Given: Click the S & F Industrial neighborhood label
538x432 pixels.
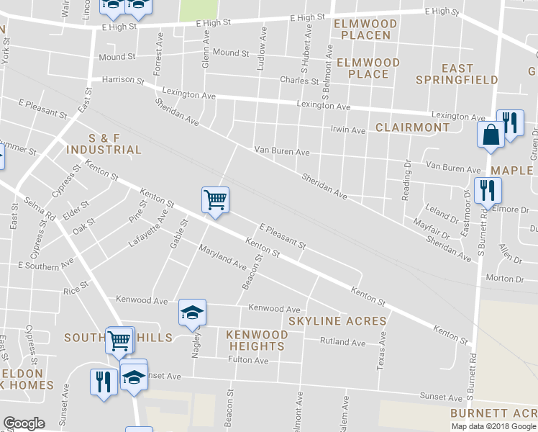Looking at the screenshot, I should [104, 143].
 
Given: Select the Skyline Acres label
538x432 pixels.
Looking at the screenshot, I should [337, 321].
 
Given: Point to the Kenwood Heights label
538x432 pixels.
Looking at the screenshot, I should [255, 341].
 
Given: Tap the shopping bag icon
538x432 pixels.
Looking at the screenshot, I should [491, 135].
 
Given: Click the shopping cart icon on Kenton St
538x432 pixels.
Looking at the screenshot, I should [215, 200].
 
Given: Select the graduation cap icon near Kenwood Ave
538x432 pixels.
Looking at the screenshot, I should [192, 312].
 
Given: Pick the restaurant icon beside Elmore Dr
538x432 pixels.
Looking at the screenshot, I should [488, 191].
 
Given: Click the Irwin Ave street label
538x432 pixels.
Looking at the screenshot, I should [348, 130].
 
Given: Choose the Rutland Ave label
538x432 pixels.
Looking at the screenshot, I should [343, 342].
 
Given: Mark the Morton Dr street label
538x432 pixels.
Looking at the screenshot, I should [504, 279].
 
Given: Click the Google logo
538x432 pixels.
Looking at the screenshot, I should [24, 423].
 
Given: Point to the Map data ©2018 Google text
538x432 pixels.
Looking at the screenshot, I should [493, 426].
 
